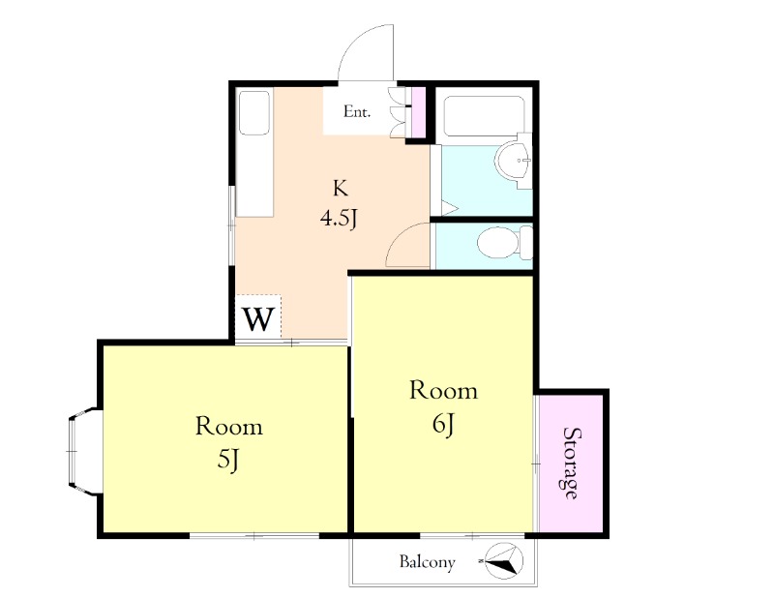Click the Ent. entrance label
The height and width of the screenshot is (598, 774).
(x=356, y=111)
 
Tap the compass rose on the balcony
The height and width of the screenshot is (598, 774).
(x=502, y=561)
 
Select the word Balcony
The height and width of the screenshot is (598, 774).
(x=427, y=562)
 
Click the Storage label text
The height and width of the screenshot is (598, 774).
(x=572, y=463)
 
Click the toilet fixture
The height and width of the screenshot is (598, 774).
(x=504, y=243)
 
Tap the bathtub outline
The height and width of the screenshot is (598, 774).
(x=484, y=116)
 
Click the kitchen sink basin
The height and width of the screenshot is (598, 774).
(x=254, y=113)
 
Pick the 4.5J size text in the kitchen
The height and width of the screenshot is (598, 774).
(x=338, y=218)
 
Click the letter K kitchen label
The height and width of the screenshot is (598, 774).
(x=341, y=188)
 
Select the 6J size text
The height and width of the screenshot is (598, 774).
(x=443, y=424)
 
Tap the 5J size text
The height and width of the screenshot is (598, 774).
(x=228, y=460)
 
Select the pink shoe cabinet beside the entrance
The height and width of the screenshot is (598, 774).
(x=418, y=112)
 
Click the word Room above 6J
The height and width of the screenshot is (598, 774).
(x=444, y=391)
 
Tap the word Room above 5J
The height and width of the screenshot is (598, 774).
(x=228, y=427)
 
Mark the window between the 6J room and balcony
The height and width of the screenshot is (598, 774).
(x=472, y=535)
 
